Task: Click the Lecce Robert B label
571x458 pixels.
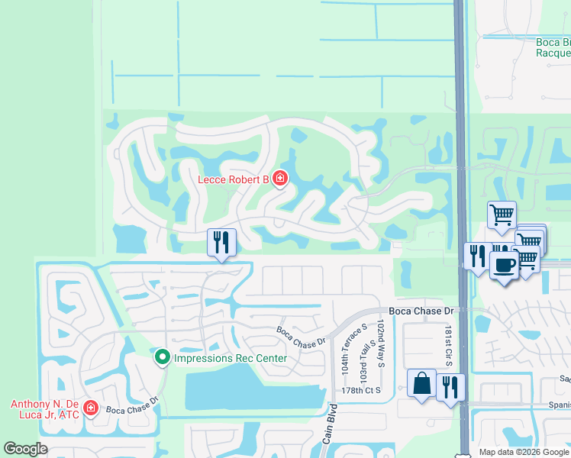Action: pyautogui.click(x=234, y=179)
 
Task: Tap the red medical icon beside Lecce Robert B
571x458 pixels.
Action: pyautogui.click(x=280, y=179)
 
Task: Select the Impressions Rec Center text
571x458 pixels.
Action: pyautogui.click(x=231, y=358)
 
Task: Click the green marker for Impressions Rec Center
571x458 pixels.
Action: pyautogui.click(x=162, y=356)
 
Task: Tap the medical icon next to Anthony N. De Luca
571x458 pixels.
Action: pyautogui.click(x=91, y=408)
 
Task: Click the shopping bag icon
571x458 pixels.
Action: pyautogui.click(x=421, y=383)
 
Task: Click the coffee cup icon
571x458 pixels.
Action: pyautogui.click(x=503, y=265)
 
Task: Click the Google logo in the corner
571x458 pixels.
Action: pyautogui.click(x=25, y=449)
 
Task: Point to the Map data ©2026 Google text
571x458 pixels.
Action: pyautogui.click(x=524, y=452)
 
